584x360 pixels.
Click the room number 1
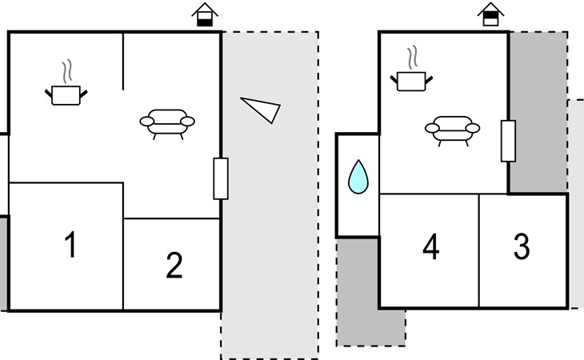[x=70, y=244]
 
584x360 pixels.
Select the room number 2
[x=174, y=265]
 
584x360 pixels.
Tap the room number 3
[x=522, y=246]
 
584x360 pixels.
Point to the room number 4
[x=431, y=246]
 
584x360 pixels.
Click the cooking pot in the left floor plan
[x=66, y=95]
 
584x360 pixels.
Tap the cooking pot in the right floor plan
[x=411, y=81]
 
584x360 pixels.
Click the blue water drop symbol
[x=358, y=177]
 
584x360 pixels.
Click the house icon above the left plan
[x=205, y=14]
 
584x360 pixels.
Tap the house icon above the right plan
[x=490, y=14]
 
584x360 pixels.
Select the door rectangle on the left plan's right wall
[x=221, y=178]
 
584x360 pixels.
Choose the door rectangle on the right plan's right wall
[x=508, y=141]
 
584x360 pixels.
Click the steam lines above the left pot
[x=66, y=72]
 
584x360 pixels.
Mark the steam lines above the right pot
[x=412, y=58]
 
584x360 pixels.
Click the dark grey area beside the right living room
[x=538, y=112]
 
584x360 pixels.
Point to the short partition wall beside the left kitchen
[x=123, y=62]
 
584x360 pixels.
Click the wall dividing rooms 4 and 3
[x=478, y=250]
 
